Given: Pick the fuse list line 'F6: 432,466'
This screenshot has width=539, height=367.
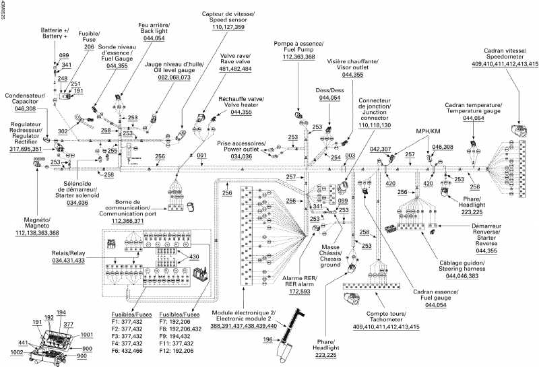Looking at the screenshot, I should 131,351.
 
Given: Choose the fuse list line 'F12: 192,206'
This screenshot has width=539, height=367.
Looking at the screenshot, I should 178,351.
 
